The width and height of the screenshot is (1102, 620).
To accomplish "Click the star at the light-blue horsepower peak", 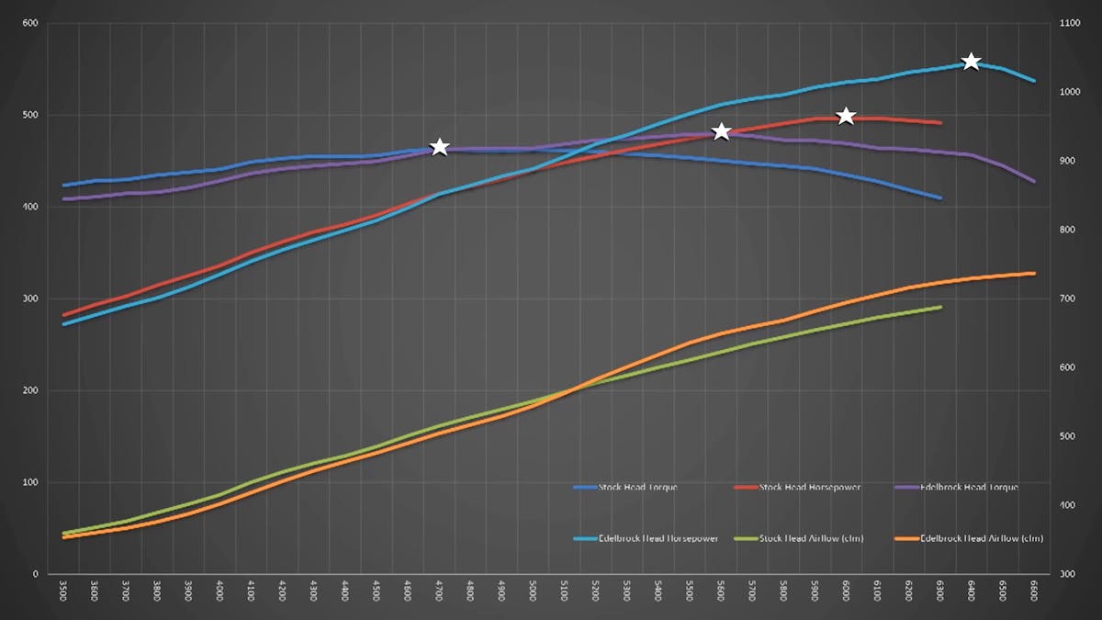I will coord(971,62).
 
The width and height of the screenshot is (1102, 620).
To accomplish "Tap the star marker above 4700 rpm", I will coord(440,148).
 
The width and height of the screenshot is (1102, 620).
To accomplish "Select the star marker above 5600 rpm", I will coord(722,132).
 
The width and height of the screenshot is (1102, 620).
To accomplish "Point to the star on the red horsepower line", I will coord(847,116).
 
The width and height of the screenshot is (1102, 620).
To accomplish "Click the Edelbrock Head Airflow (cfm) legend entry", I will coord(969,537).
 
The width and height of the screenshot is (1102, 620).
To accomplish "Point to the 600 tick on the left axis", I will coord(29,23).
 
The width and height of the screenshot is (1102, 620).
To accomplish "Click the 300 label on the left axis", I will coord(29,299).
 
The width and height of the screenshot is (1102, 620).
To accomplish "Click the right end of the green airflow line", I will coord(940,307).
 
